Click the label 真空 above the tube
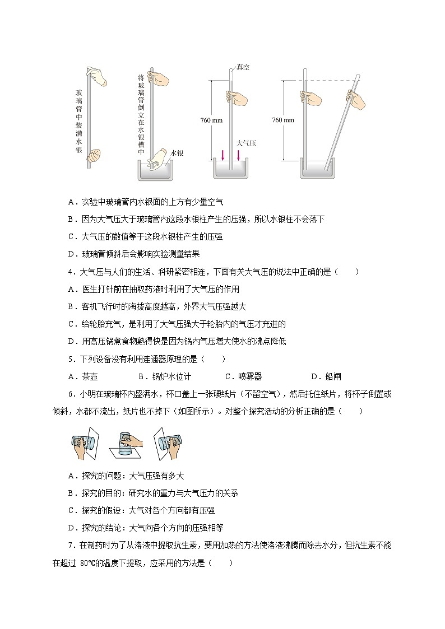(243, 67)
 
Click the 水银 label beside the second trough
(178, 152)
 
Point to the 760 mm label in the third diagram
(211, 120)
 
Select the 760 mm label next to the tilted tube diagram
(282, 120)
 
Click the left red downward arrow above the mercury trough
(222, 155)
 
